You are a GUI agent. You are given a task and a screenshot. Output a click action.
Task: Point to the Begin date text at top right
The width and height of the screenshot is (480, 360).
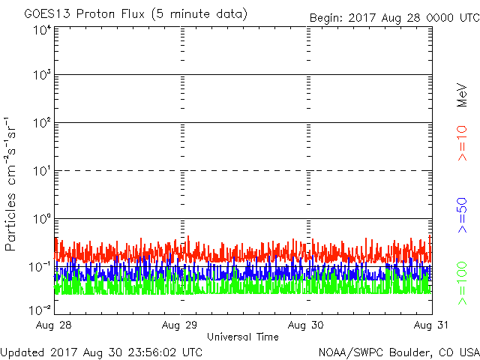pos(394,17)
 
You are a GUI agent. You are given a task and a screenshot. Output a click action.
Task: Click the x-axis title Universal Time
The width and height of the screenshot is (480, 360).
pos(243,337)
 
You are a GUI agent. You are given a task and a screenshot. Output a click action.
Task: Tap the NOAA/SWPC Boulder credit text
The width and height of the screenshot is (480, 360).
pos(398,352)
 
